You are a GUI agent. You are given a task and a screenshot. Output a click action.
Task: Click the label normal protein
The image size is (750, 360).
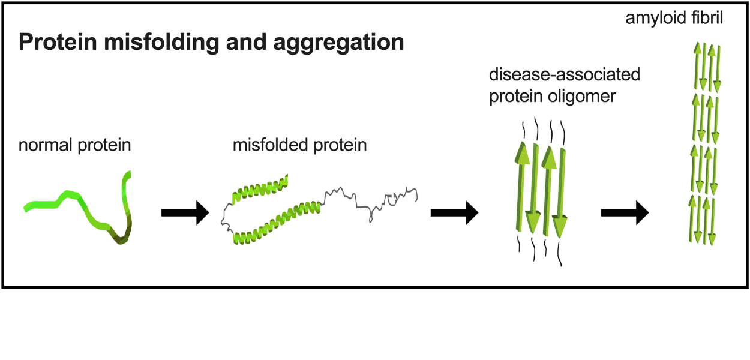75,145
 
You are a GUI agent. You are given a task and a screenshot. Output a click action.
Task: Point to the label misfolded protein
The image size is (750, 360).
300,145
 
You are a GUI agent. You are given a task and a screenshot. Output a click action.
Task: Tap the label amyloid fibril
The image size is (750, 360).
674,18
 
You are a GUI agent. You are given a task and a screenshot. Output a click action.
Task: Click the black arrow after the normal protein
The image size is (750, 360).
184,212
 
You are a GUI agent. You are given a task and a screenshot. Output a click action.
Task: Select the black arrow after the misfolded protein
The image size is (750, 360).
454,212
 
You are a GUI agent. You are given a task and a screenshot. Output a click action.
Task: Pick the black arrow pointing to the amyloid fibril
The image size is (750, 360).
625,212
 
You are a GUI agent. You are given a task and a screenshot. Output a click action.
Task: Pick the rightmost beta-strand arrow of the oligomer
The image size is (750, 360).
562,192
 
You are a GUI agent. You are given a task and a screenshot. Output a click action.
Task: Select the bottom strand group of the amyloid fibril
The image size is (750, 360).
706,220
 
